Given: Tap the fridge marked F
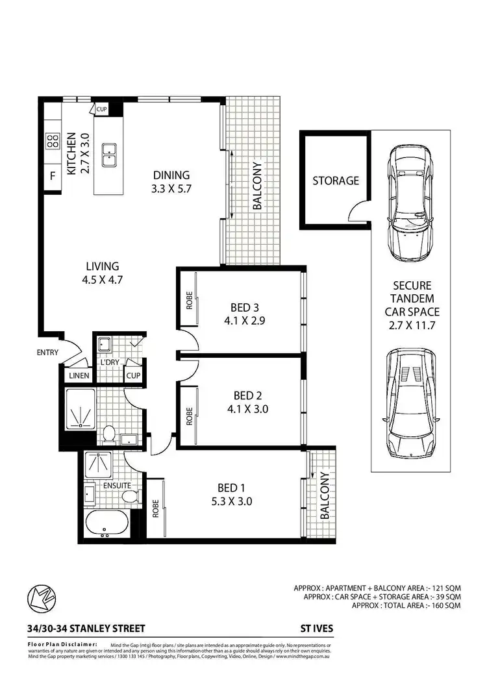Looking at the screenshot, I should pyautogui.click(x=51, y=175).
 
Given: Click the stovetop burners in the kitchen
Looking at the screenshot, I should pyautogui.click(x=51, y=141).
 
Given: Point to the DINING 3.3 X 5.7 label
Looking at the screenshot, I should pyautogui.click(x=171, y=181).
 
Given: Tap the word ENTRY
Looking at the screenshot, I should pyautogui.click(x=47, y=353).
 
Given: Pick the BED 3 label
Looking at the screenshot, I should pyautogui.click(x=245, y=307).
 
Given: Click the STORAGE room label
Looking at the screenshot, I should pyautogui.click(x=335, y=181).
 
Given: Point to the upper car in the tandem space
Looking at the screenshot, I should pyautogui.click(x=408, y=201).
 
